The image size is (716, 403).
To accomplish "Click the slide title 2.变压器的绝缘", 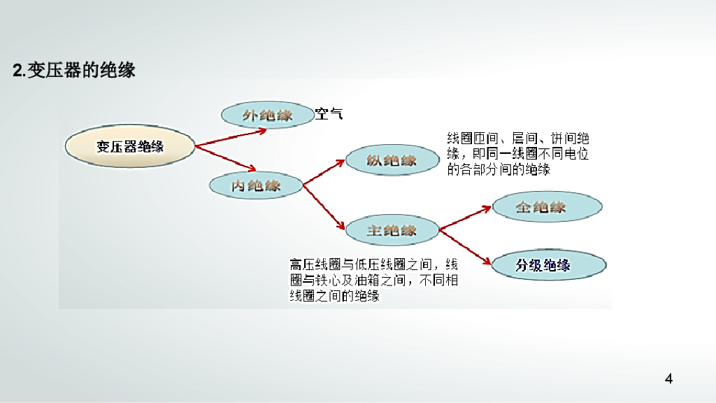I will coord(74,70).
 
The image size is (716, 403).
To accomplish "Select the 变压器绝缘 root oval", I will coord(129,147).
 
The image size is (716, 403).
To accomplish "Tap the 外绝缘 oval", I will coord(267,115).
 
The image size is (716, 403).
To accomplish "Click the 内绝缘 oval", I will coord(256,185).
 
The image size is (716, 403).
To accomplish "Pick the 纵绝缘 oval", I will coord(392,160).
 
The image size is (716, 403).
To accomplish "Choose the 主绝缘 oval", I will coord(392,230).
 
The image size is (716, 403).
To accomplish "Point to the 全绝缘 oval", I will coord(547,207).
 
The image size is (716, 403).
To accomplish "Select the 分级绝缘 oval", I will coord(549,265).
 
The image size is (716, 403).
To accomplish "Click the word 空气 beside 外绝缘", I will coord(329,114).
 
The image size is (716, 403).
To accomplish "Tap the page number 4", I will coord(669,379).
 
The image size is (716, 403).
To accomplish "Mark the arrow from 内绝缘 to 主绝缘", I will coord(326,206).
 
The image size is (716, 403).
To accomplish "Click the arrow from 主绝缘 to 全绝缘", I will coord(466,218).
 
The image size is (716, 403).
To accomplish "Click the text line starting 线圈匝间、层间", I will coord(517,138).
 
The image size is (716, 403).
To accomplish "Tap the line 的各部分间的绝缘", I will coord(499,170).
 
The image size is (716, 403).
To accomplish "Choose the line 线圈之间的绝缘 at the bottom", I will coord(334,296).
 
